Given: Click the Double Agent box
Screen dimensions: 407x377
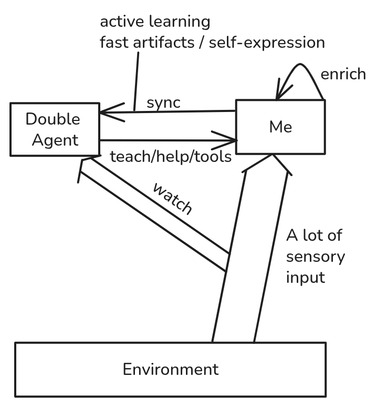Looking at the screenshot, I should (x=54, y=129).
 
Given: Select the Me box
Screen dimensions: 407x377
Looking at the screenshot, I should (x=280, y=127).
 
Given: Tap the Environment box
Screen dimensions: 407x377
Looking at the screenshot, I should (x=170, y=369).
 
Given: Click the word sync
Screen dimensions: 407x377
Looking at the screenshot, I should (x=163, y=102).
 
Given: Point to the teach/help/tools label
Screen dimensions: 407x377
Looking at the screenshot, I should (x=171, y=156).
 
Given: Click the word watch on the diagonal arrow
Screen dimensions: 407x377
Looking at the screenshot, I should (x=172, y=198).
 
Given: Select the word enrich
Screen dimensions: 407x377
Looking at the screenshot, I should (x=343, y=74).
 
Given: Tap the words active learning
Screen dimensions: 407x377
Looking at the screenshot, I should (x=155, y=22).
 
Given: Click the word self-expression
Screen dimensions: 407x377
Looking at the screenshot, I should (x=267, y=42).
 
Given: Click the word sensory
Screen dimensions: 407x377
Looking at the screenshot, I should (x=315, y=257).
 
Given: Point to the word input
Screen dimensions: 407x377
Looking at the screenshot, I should (x=306, y=277).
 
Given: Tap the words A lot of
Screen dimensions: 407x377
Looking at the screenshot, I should (x=313, y=235).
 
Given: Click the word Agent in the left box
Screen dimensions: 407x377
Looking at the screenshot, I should (x=54, y=140).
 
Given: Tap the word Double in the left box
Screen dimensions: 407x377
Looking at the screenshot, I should (x=53, y=119).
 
